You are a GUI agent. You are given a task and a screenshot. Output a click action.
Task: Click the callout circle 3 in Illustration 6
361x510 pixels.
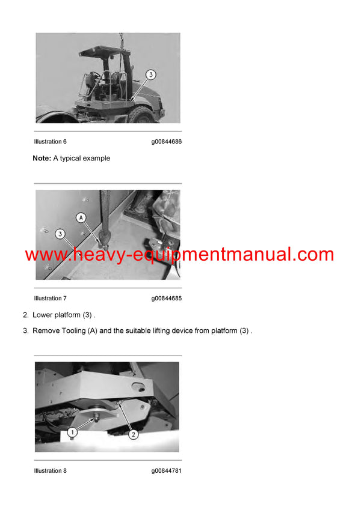pyautogui.click(x=150, y=75)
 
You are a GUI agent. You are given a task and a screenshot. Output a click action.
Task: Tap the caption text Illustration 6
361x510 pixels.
pyautogui.click(x=51, y=142)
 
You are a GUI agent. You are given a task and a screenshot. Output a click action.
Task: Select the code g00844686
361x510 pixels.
pyautogui.click(x=166, y=142)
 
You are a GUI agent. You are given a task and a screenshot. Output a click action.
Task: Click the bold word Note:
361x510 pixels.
pyautogui.click(x=42, y=159)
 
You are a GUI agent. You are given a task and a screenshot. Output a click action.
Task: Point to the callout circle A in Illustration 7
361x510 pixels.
pyautogui.click(x=81, y=217)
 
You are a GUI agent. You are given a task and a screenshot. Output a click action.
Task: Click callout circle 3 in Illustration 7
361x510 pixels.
pyautogui.click(x=60, y=233)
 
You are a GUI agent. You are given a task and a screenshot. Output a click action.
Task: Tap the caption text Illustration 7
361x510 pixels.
pyautogui.click(x=51, y=299)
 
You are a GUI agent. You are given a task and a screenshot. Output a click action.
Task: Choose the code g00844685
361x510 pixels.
pyautogui.click(x=166, y=299)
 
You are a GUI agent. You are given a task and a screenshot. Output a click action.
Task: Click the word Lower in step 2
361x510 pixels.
pyautogui.click(x=43, y=315)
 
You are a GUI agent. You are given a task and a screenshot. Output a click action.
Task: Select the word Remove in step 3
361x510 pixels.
pyautogui.click(x=46, y=331)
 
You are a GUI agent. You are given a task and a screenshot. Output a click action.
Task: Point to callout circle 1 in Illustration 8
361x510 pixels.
pyautogui.click(x=72, y=432)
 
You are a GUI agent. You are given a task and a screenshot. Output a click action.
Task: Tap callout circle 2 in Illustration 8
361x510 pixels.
pyautogui.click(x=133, y=433)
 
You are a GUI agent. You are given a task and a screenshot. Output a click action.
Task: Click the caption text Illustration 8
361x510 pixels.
pyautogui.click(x=51, y=471)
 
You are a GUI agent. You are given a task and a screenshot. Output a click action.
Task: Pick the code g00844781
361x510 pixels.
pyautogui.click(x=166, y=471)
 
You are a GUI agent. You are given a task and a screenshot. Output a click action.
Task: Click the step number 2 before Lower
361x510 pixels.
pyautogui.click(x=25, y=315)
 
